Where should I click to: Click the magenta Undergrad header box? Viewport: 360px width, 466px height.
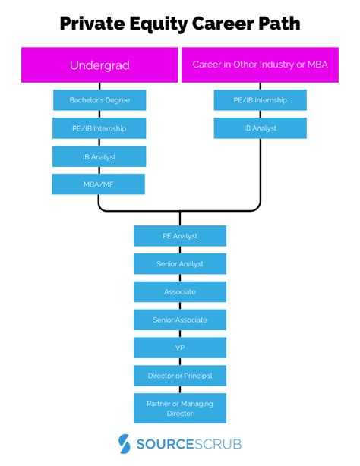point(99,65)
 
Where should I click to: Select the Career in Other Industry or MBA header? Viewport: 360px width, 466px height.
point(260,65)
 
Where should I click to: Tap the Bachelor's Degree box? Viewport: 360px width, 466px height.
point(99,99)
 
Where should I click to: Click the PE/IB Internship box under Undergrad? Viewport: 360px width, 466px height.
point(99,128)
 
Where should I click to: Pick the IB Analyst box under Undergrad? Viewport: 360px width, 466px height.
point(99,156)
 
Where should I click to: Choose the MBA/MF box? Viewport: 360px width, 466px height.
point(99,184)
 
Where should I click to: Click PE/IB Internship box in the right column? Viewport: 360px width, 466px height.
point(260,99)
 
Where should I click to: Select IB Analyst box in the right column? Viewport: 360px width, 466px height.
point(260,128)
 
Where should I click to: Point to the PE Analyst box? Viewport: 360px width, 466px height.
point(180,236)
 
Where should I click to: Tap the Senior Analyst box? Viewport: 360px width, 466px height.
point(180,264)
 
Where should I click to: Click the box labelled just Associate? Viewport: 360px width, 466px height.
point(180,291)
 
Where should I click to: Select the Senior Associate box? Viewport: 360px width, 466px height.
point(180,320)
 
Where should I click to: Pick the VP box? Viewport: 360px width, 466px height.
point(180,348)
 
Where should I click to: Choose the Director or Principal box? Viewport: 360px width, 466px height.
point(180,375)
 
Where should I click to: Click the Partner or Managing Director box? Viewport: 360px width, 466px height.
point(180,408)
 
